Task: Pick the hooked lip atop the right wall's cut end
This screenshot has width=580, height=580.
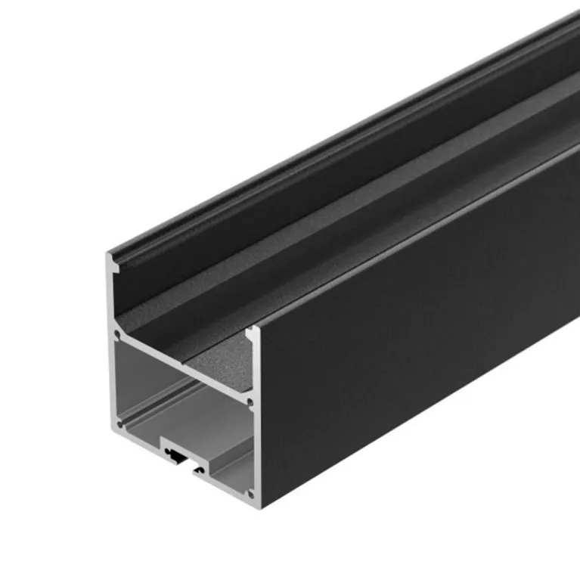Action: pos(251,333)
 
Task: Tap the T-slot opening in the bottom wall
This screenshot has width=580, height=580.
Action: pos(181,456)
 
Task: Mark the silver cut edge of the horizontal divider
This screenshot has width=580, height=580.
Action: pos(181,365)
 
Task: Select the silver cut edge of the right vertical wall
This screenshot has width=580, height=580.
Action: pos(255,423)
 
